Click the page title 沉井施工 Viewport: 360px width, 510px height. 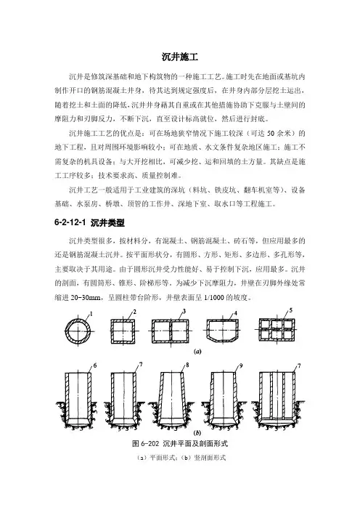tap(180, 57)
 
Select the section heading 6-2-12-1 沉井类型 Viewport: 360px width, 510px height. tap(89, 223)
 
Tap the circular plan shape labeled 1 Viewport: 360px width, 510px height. tap(78, 331)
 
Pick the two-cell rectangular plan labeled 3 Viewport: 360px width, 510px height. tap(171, 331)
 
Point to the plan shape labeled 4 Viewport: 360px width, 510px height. tap(222, 331)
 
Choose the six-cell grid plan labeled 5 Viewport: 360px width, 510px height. tap(277, 330)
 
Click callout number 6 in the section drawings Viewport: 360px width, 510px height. tap(95, 365)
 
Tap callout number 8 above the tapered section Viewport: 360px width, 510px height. tap(187, 365)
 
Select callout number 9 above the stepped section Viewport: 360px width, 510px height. tap(241, 365)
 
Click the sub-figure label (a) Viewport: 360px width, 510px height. tap(197, 352)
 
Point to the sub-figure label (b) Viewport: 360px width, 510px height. tap(197, 433)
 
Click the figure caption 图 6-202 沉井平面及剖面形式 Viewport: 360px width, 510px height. tap(180, 444)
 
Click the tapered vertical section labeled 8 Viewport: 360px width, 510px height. tap(171, 400)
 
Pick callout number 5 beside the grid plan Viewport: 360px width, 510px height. tap(290, 310)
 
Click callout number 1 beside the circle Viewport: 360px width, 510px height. tap(91, 314)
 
